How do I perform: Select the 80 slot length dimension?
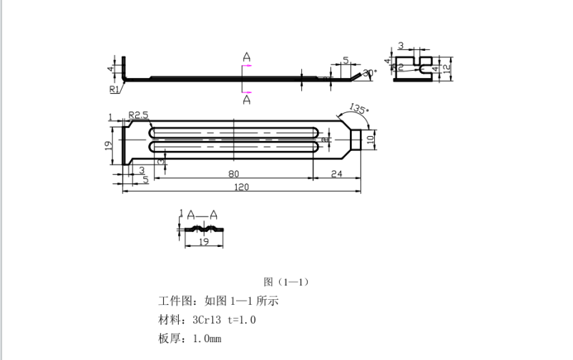(234, 173)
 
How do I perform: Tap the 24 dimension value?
(336, 173)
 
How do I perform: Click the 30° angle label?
(369, 72)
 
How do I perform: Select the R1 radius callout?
(114, 89)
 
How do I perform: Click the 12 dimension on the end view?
(446, 69)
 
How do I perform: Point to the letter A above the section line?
(246, 57)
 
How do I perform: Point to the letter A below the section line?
(246, 100)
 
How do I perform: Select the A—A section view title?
(202, 214)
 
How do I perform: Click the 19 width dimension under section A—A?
(202, 243)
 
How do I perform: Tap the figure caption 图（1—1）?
(286, 281)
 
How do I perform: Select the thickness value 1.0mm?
(207, 338)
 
